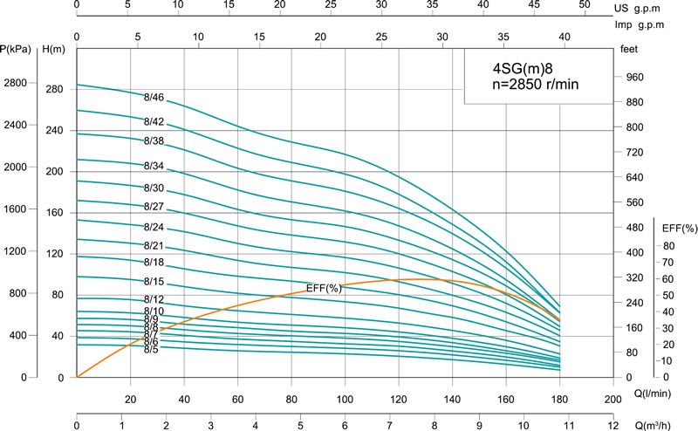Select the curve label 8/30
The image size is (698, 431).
coord(154,188)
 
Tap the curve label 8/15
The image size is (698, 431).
coord(154,282)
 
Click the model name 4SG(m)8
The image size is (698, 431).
coord(523,68)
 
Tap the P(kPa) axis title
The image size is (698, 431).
coord(17,50)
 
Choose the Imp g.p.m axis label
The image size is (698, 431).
coord(652,24)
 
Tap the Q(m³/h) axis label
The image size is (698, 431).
coord(652,425)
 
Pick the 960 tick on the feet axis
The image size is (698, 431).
coord(633,78)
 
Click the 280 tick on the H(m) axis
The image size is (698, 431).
coord(54,90)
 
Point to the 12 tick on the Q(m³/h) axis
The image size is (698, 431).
coord(612,425)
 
